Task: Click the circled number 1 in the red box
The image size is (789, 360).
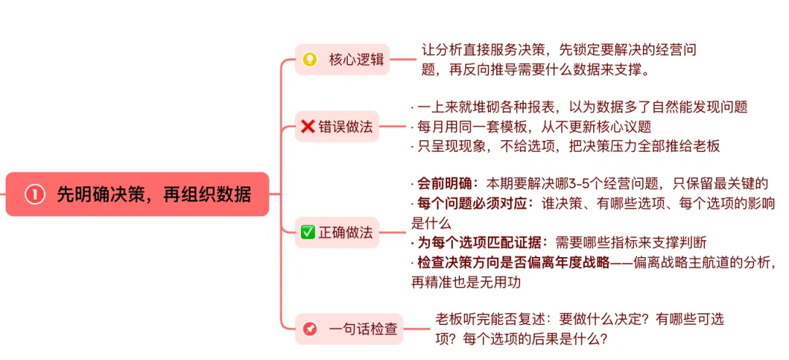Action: [35, 194]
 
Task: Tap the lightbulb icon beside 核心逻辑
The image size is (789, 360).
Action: [310, 60]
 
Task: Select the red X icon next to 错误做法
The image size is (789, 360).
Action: [308, 127]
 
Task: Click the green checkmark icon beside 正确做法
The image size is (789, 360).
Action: [308, 233]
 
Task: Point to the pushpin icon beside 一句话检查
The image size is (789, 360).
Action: [310, 329]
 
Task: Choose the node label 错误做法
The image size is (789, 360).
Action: [346, 127]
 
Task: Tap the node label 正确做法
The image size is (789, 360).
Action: [346, 233]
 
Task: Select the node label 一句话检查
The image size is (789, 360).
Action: [364, 329]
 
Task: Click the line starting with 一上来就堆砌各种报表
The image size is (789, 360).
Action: [582, 107]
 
